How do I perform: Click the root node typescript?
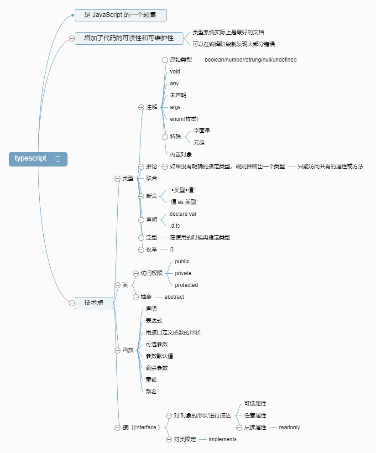pyautogui.click(x=31, y=159)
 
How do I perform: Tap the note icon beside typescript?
pyautogui.click(x=58, y=159)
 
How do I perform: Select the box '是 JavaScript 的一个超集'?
pyautogui.click(x=120, y=15)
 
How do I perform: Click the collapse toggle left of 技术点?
pyautogui.click(x=72, y=302)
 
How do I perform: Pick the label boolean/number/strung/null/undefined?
pyautogui.click(x=251, y=60)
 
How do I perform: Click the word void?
pyautogui.click(x=175, y=72)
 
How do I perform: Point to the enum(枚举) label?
pyautogui.click(x=184, y=119)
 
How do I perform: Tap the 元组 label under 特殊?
pyautogui.click(x=199, y=142)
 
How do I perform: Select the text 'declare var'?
pyautogui.click(x=183, y=213)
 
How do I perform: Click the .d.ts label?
pyautogui.click(x=175, y=226)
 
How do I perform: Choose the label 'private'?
pyautogui.click(x=183, y=273)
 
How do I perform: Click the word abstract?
pyautogui.click(x=174, y=297)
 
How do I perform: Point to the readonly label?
pyautogui.click(x=289, y=427)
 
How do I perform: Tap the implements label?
pyautogui.click(x=223, y=439)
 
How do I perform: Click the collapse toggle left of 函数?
pyautogui.click(x=117, y=350)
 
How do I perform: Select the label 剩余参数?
pyautogui.click(x=157, y=368)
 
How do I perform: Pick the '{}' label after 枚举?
pyautogui.click(x=172, y=250)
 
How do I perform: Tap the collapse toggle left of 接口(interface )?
pyautogui.click(x=117, y=427)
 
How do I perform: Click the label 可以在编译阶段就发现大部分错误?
pyautogui.click(x=234, y=44)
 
